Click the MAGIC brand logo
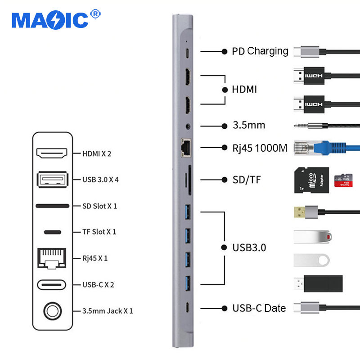(x=50, y=19)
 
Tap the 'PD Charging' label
(x=260, y=51)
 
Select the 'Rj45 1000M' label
(x=260, y=147)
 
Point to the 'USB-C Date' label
(x=259, y=308)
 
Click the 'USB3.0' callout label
(x=249, y=247)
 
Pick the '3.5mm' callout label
(x=248, y=125)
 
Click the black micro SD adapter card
(x=311, y=180)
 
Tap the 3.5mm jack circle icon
(x=53, y=310)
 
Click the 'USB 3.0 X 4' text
(x=100, y=180)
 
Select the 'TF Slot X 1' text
(x=99, y=232)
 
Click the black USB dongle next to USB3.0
(x=323, y=283)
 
